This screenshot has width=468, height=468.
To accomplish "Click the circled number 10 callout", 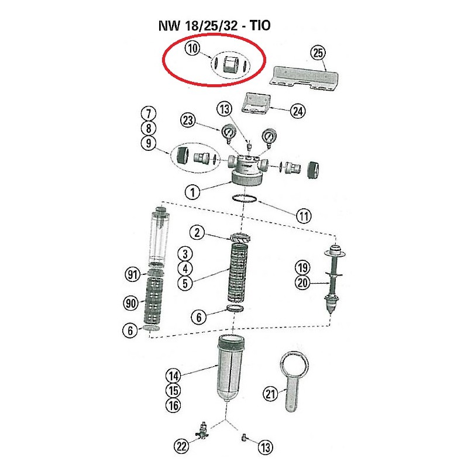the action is pos(192,48).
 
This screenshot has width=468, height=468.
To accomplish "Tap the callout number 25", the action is pos(318,53).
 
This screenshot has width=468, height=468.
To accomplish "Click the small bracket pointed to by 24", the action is pos(256,104).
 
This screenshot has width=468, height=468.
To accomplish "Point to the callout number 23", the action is pos(188,121).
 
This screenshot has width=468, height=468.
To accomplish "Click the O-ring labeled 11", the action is pos(245,198).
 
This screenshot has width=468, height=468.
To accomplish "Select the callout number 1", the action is pos(192,192).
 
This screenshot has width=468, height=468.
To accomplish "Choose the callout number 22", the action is pos(181,446).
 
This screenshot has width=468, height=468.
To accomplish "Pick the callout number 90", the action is pos(131,304).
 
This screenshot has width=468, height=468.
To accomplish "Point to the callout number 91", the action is pos(133,274).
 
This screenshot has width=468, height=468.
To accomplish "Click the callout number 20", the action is pos(302,283).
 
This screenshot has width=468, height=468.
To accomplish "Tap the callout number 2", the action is pos(197,232).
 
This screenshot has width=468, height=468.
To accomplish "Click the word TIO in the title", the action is pos(260,25).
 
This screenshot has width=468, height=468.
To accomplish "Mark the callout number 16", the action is pos(173,405).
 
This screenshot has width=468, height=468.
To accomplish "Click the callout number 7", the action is pos(149,113).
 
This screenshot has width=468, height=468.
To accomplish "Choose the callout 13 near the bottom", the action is pos(266,448).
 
